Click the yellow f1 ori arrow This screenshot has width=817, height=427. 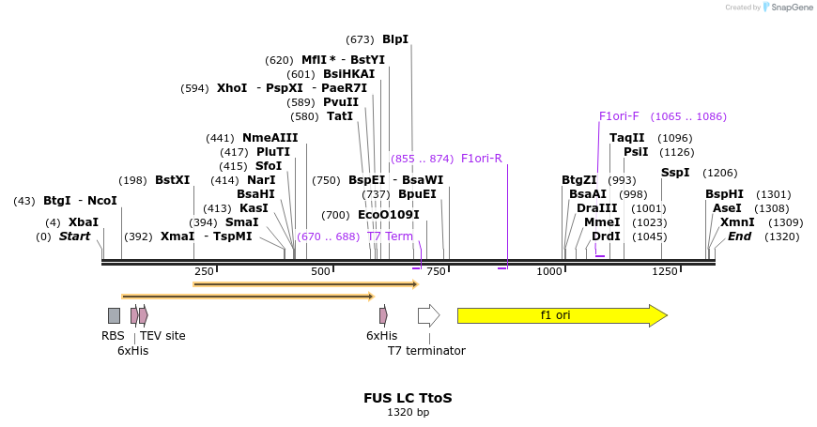pos(562,315)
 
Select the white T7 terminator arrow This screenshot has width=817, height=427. pos(428,315)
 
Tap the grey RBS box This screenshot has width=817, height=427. pos(114,315)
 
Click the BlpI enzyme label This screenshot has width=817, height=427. pos(395,39)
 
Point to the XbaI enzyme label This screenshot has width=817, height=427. pos(84,222)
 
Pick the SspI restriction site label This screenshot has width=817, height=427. pos(675,173)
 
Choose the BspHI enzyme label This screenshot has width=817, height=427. pos(724,194)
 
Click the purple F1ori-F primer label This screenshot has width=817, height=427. pos(619,116)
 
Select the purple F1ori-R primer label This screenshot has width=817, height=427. pos(482,159)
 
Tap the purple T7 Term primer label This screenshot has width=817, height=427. pos(390,236)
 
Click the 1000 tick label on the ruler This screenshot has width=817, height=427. pos(549,271)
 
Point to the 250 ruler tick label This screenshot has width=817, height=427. pos(205,271)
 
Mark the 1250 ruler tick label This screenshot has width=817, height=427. pos(664,271)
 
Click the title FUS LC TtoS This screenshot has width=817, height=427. pos(408,398)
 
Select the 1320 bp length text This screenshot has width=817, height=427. pos(408,412)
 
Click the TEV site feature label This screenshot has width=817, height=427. pos(162,336)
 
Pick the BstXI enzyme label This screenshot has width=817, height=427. pos(172,180)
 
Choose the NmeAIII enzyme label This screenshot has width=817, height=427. pos(270,138)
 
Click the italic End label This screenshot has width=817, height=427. pos(739,236)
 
